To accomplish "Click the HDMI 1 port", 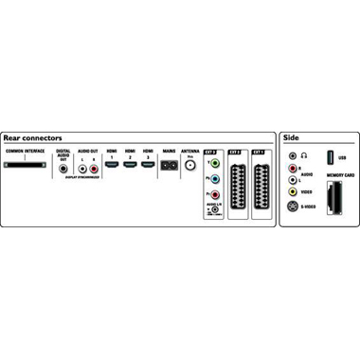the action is click(111, 164).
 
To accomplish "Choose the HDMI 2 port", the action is click(129, 164).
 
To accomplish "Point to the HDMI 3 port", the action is click(148, 164).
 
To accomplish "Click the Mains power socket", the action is click(170, 164).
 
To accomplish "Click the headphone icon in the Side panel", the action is click(304, 155).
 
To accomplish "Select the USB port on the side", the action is click(331, 155).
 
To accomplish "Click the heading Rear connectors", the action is click(31, 138).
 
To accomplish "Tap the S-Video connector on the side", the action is click(293, 207).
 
